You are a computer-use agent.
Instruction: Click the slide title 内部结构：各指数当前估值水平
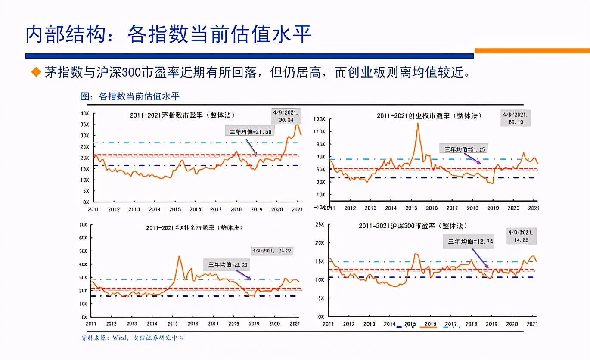pyautogui.click(x=168, y=34)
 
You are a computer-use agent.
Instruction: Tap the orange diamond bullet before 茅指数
pyautogui.click(x=36, y=72)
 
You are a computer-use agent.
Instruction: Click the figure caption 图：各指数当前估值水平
pyautogui.click(x=130, y=96)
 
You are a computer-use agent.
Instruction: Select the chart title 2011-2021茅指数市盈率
pyautogui.click(x=183, y=115)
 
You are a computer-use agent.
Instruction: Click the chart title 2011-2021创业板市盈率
pyautogui.click(x=429, y=116)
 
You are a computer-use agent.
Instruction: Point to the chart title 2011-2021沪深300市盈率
pyautogui.click(x=413, y=226)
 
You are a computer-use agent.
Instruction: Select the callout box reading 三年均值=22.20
pyautogui.click(x=228, y=264)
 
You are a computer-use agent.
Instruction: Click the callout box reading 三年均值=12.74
pyautogui.click(x=468, y=242)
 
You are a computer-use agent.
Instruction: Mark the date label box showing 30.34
pyautogui.click(x=286, y=116)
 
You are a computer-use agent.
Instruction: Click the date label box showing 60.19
pyautogui.click(x=515, y=118)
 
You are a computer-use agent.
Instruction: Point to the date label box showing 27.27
pyautogui.click(x=272, y=250)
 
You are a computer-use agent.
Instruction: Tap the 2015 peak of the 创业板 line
pyautogui.click(x=417, y=124)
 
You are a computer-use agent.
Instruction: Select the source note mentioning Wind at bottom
pyautogui.click(x=133, y=338)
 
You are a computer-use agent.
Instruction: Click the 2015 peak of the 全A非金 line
pyautogui.click(x=179, y=257)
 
